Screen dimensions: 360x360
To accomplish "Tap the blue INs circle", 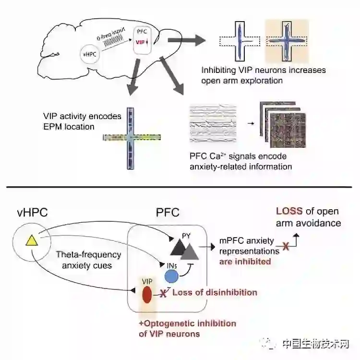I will [x=172, y=276].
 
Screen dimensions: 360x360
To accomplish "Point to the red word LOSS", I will [x=289, y=211].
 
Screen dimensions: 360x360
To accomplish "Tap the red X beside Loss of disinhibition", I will [x=163, y=293].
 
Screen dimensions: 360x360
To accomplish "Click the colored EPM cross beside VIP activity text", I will [x=132, y=137].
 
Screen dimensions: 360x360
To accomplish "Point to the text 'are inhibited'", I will [x=245, y=262].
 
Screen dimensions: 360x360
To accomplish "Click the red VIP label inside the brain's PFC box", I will [x=141, y=43].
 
